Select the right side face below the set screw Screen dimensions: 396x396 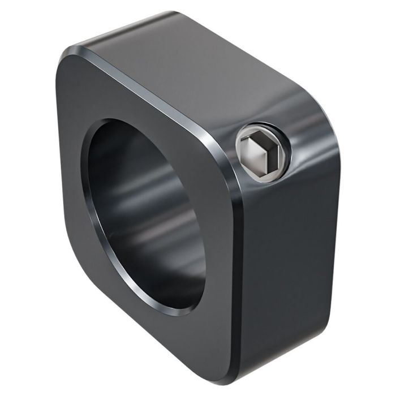click(283, 255)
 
